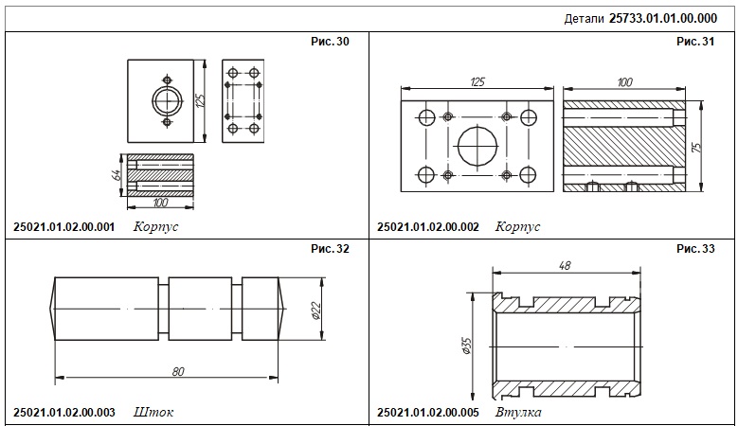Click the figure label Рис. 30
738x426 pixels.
coord(330,42)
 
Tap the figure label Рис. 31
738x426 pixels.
coord(695,42)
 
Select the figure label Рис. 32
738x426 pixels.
coord(330,248)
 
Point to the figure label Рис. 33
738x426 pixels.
coord(695,248)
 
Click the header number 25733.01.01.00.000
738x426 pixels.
coord(663,18)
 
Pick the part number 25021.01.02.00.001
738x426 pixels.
coord(64,226)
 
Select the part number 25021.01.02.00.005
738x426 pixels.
coord(428,413)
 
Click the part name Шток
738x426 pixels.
coord(153,413)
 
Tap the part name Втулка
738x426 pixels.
coord(518,413)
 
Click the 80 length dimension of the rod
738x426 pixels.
coord(178,371)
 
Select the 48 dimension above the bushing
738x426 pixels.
coord(565,266)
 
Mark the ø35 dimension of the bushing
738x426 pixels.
coord(467,346)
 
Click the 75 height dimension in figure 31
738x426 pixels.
coord(697,147)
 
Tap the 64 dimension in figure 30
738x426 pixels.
coord(117,175)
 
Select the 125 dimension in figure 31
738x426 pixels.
coord(477,81)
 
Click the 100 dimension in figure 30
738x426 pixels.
coord(160,203)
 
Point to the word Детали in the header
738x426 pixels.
coord(584,19)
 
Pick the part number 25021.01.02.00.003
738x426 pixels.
coord(64,413)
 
